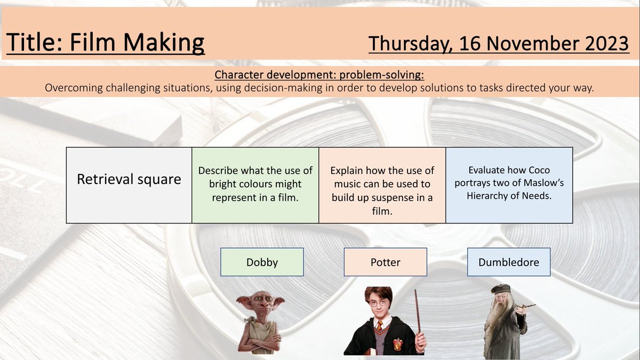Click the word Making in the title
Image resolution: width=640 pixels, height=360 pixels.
164,43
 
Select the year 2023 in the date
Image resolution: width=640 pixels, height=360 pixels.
607,43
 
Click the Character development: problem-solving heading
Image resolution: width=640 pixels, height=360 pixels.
319,75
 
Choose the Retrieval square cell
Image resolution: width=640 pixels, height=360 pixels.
129,185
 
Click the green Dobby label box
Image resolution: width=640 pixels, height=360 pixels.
262,262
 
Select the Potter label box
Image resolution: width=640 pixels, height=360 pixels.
386,262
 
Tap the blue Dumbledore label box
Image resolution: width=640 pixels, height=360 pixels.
509,262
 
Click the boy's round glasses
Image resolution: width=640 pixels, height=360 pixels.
379,303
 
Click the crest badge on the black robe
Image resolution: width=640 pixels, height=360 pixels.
397,343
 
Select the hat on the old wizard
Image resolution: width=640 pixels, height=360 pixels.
500,289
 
